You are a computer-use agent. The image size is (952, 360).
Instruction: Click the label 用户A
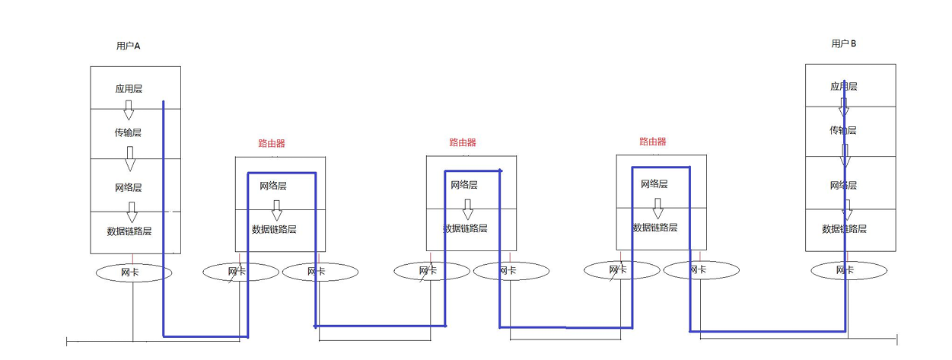coord(128,46)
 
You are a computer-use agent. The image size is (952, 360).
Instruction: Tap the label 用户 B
coord(843,44)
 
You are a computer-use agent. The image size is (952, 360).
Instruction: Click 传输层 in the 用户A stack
coord(128,132)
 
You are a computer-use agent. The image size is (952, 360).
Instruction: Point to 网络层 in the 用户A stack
coord(128,187)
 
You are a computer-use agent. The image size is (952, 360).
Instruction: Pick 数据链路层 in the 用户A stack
coord(129,231)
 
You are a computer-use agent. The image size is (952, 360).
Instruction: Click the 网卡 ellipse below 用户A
coord(134,272)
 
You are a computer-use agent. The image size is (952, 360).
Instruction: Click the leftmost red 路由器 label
coord(272,143)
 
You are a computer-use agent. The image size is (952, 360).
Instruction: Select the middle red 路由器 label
coord(462,142)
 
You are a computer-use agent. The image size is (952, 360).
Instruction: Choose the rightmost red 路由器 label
coord(652,142)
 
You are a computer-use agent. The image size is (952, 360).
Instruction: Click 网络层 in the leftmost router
coord(273,186)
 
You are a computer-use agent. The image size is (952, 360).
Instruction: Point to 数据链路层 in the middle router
coord(465,228)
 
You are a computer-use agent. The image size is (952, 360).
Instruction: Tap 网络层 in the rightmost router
coord(654,184)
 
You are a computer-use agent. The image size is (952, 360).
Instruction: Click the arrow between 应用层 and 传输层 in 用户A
coord(129,110)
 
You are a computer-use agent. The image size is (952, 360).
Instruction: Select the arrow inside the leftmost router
coord(277,209)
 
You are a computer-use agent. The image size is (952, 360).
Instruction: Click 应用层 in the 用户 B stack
coord(843,87)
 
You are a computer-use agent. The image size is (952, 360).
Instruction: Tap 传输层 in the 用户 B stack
coord(843,130)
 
